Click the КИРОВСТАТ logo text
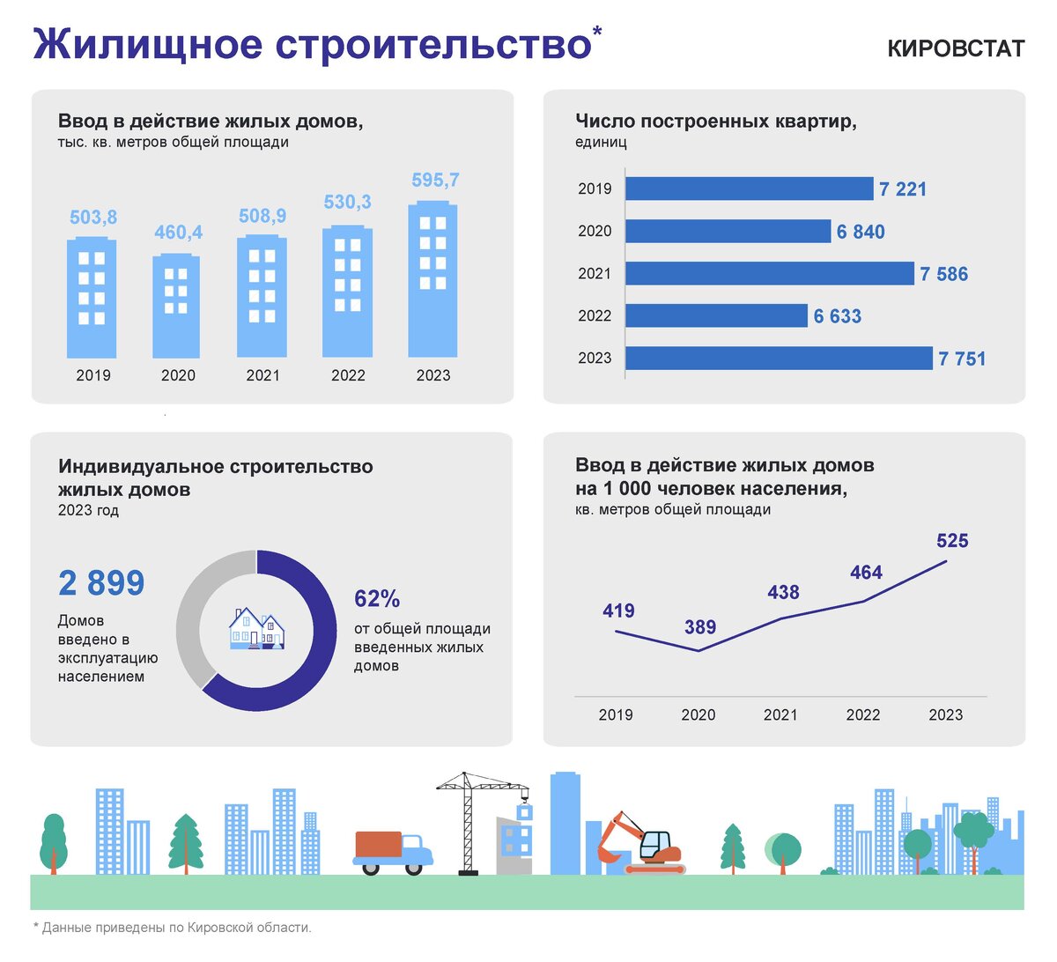coord(956,48)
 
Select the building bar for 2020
coord(176,307)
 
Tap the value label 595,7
coord(435,181)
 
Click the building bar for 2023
coord(432,279)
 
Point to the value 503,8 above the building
coord(93,218)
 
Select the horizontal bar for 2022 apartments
coord(716,315)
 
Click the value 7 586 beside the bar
coord(943,274)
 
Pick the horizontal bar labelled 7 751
coord(779,358)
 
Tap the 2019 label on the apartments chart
coord(595,189)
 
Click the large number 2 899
coord(101,583)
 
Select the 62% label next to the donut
coord(377,599)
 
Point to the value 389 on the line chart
coord(700,627)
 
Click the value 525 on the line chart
coord(952,541)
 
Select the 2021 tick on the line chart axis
coord(780,714)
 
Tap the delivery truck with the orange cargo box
coord(393,852)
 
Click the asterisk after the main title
coord(597,32)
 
